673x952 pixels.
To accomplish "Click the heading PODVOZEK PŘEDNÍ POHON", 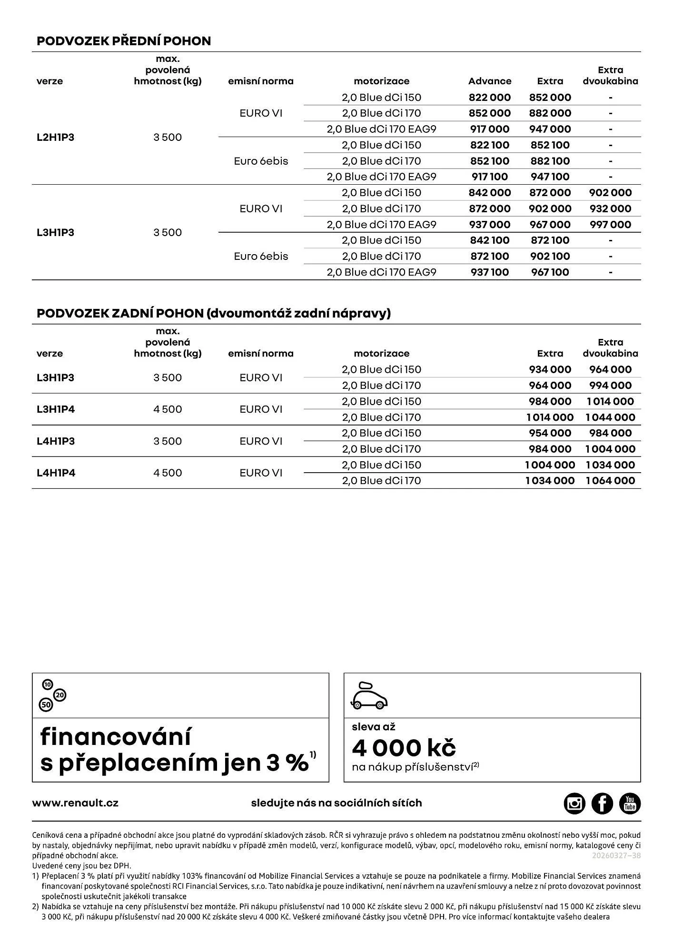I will coord(124,41).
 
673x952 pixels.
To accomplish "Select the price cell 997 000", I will coord(610,225).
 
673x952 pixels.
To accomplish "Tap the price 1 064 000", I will coord(610,481).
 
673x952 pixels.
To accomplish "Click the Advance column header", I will coord(489,81).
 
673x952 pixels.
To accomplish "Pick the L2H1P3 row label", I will coord(55,138).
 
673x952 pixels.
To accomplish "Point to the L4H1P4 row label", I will coord(56,473).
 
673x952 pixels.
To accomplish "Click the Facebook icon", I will coord(602,803).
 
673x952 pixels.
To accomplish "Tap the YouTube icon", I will coord(630,803).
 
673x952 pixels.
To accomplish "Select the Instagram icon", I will coord(574,803).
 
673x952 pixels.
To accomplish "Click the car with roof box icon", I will coord(369,695).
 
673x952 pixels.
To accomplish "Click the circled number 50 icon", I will coord(46,705).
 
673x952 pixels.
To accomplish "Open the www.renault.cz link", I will coord(75,803).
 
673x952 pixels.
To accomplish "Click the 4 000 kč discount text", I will coord(404,748).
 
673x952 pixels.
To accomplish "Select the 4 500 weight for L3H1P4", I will coord(168,409).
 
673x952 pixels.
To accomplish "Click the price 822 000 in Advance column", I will coord(489,98).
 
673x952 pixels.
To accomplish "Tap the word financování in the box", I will coord(116,737).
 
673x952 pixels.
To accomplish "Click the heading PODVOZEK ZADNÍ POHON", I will coord(213,313).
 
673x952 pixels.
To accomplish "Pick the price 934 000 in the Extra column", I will coord(550,370).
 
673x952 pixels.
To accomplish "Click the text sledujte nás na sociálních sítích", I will coord(336,803).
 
